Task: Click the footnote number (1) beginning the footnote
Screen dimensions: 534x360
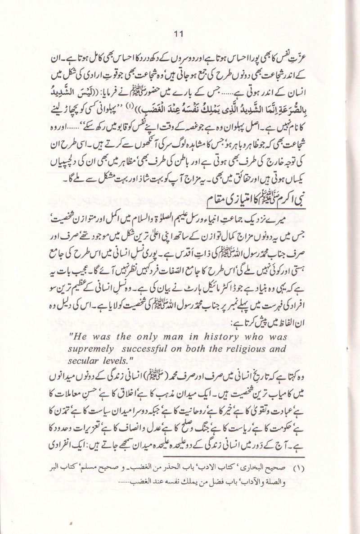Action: click(311, 468)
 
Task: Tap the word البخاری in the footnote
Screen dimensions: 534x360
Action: click(269, 468)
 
